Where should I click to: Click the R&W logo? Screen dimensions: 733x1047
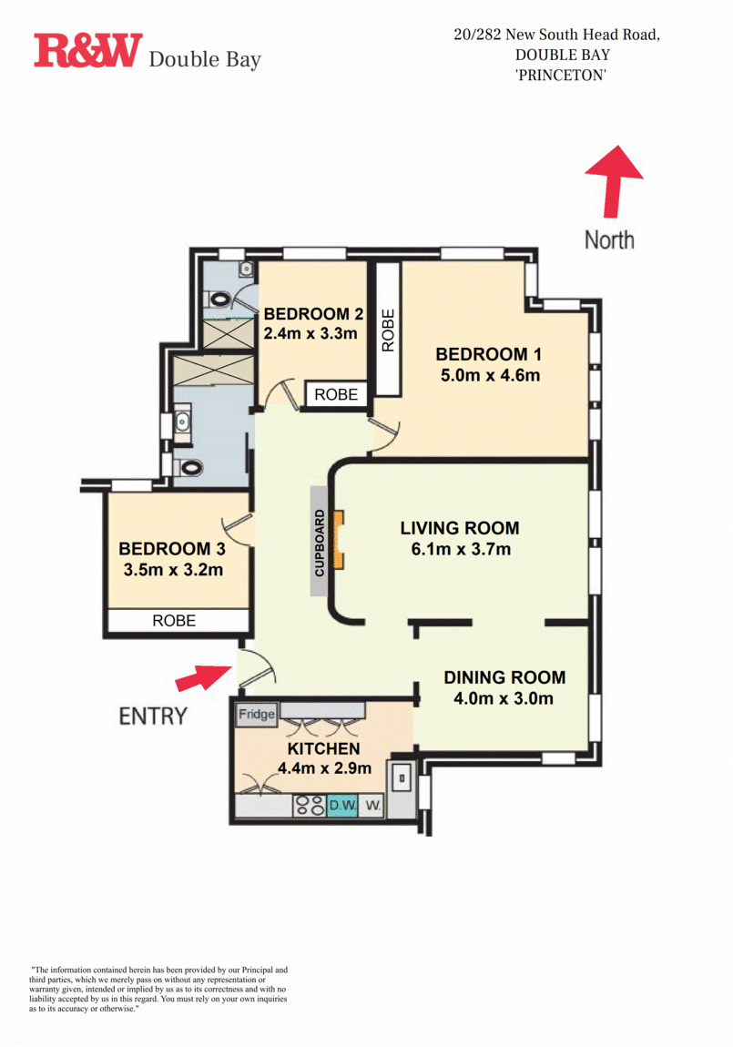click(88, 51)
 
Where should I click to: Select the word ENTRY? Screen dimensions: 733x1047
click(153, 717)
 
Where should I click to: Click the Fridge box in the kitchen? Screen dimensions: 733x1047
click(257, 715)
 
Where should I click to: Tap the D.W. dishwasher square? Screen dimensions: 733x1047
click(343, 806)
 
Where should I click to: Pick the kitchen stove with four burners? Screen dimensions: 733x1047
click(310, 806)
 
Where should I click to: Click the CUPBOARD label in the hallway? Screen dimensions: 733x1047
click(319, 543)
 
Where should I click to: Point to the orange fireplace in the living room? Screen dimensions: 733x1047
click(339, 540)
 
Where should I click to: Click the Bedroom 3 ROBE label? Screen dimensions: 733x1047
click(174, 620)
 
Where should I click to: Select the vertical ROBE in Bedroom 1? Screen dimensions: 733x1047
click(388, 330)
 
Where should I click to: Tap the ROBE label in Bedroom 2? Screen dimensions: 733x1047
click(336, 394)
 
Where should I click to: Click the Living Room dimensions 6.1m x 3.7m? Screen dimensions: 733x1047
click(461, 550)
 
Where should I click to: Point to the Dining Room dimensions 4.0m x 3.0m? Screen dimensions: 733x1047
click(504, 698)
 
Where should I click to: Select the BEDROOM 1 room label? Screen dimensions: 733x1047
click(489, 354)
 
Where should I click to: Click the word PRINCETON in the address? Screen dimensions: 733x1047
click(561, 76)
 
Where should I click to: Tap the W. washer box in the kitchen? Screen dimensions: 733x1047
click(373, 806)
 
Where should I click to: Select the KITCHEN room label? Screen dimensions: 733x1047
click(324, 748)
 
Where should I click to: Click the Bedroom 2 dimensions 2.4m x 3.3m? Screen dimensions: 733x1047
click(311, 333)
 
